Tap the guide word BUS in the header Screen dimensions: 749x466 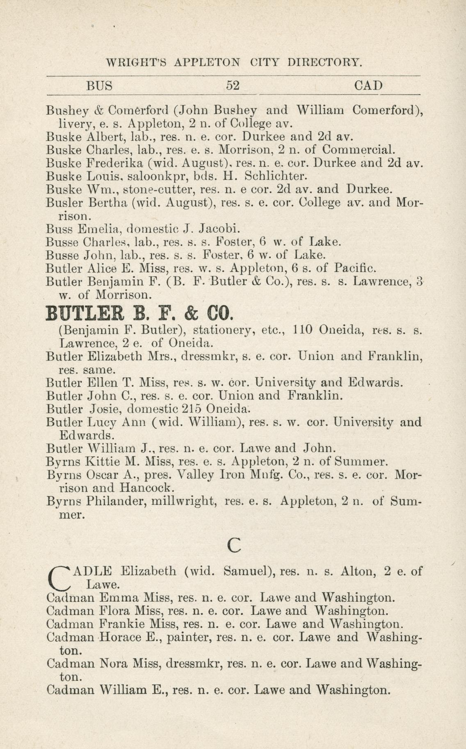pos(99,85)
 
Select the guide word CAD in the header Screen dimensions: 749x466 pos(368,85)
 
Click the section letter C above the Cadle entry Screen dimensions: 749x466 pos(233,545)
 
